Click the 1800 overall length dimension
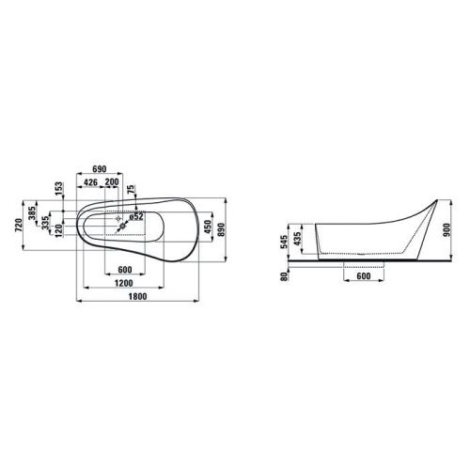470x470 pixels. click(x=138, y=296)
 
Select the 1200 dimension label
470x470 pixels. click(x=124, y=283)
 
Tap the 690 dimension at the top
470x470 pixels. click(x=100, y=169)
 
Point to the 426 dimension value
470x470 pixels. click(x=91, y=182)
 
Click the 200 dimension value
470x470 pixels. click(x=112, y=182)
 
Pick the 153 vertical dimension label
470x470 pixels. click(x=59, y=189)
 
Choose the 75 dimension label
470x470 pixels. click(x=132, y=189)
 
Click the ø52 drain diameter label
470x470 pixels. click(x=136, y=216)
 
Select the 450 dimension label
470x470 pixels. click(x=208, y=227)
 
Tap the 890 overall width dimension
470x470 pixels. click(x=221, y=229)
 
